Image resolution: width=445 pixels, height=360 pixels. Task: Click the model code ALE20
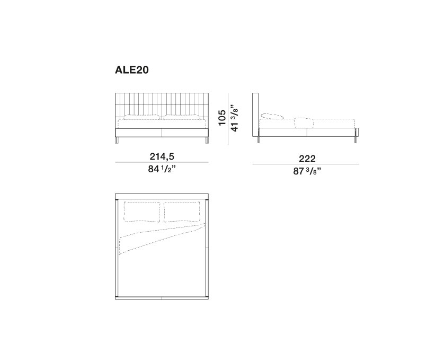132,70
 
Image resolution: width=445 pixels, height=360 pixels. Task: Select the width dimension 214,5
162,156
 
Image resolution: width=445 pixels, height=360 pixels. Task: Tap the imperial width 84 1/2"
162,169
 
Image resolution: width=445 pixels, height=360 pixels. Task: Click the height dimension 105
221,117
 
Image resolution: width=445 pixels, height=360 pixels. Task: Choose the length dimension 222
307,159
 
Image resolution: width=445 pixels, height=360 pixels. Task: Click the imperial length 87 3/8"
307,171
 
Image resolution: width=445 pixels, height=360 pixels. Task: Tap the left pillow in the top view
142,212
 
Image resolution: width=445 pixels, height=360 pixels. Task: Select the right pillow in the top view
182,212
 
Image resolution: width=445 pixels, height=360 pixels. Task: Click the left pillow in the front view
141,117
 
